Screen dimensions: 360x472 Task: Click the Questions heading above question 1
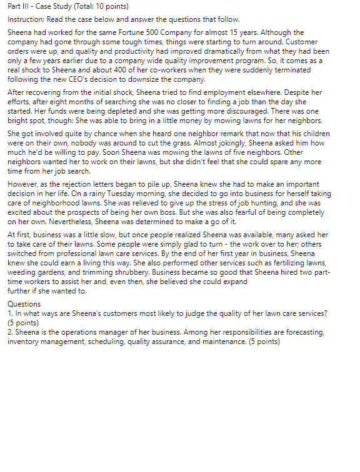coord(24,304)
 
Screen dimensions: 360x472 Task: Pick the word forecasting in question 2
coord(302,333)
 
